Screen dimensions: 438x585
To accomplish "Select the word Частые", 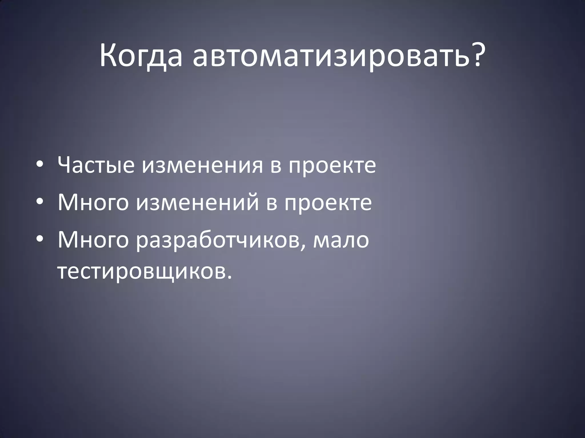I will pos(96,166).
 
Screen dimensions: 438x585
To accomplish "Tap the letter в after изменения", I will pos(276,167).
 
